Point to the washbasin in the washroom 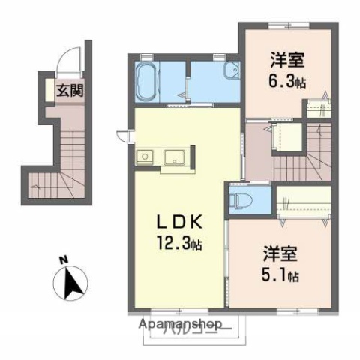(231, 72)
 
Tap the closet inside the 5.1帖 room (304, 202)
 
